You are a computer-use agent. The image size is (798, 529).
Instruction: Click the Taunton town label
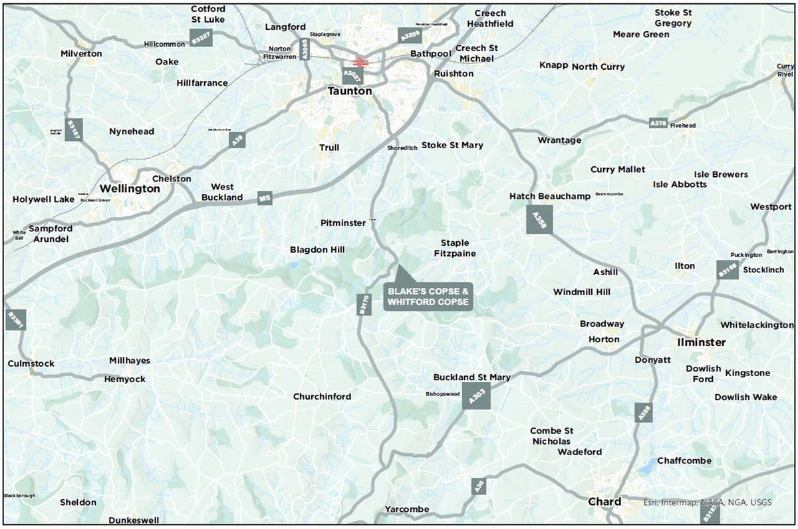pos(350,92)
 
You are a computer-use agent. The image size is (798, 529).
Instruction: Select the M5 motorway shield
pos(265,198)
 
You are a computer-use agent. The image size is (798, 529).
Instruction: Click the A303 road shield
pos(475,396)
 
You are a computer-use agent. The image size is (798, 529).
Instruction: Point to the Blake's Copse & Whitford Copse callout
pos(429,296)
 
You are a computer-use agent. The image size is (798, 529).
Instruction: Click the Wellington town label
pos(130,189)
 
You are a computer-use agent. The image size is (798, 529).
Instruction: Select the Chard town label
pos(604,502)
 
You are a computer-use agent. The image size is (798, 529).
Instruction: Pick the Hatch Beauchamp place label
pos(549,196)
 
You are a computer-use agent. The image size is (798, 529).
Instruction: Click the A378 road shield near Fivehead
pos(658,123)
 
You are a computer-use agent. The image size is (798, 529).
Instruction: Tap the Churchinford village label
pos(322,397)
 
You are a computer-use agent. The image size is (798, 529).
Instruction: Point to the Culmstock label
pos(31,364)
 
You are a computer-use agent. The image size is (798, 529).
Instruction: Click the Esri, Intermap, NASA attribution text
pos(708,502)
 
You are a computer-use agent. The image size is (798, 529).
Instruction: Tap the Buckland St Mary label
pos(471,377)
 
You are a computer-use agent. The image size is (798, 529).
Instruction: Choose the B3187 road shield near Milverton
pos(74,128)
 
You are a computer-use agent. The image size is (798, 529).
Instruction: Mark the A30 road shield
pos(478,486)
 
